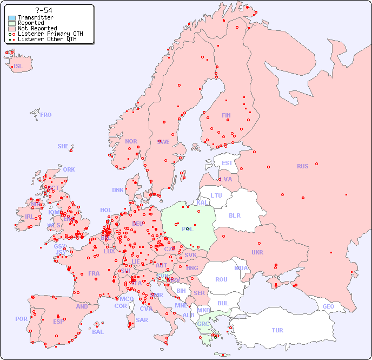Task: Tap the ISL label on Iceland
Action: click(18, 67)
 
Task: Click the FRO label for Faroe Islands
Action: click(46, 115)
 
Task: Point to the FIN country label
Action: click(226, 115)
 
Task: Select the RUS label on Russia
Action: click(302, 166)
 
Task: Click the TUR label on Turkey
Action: click(277, 330)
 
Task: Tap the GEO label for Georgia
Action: click(328, 306)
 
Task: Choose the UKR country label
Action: click(257, 252)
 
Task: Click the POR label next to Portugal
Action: click(21, 319)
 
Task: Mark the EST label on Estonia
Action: click(227, 163)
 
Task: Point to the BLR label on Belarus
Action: click(235, 215)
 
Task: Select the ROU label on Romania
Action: click(221, 279)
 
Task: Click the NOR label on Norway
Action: click(131, 141)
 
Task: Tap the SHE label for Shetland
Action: click(63, 146)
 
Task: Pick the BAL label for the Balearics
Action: click(97, 332)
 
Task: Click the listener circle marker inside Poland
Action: click(187, 228)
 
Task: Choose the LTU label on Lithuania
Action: click(216, 195)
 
